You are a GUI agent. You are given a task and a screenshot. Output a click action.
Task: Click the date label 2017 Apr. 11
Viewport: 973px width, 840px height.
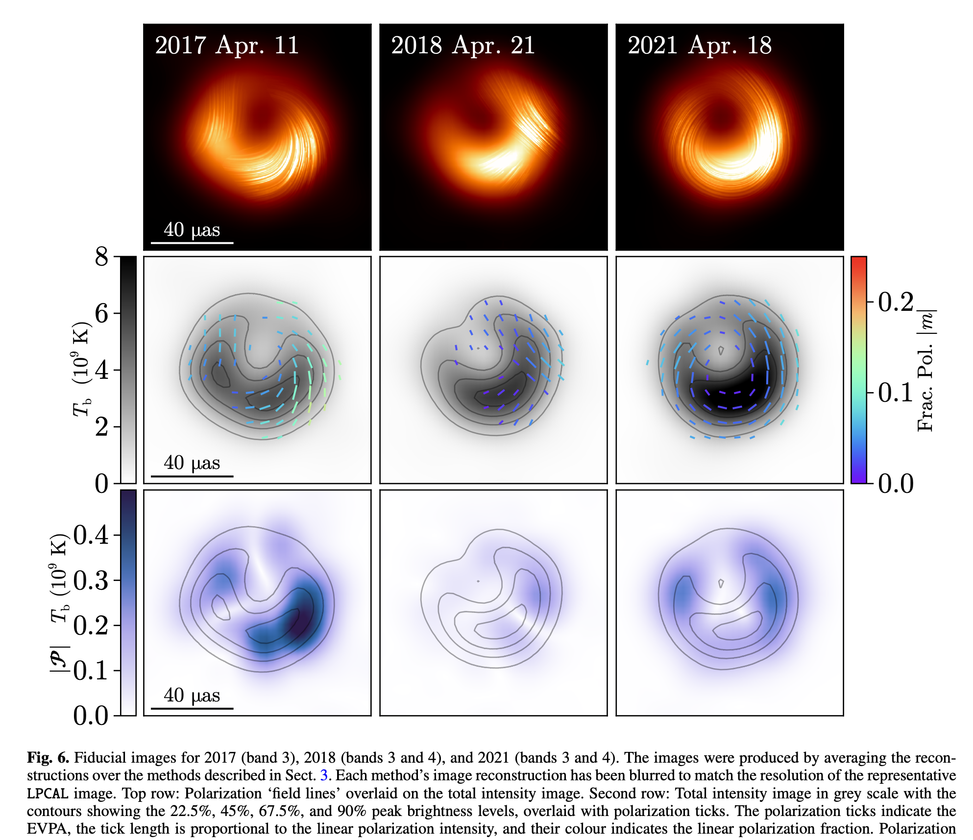(x=227, y=46)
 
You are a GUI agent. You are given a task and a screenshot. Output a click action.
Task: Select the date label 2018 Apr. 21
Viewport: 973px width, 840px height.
(x=462, y=46)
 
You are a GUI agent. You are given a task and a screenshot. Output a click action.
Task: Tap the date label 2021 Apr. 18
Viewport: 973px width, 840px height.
(x=699, y=46)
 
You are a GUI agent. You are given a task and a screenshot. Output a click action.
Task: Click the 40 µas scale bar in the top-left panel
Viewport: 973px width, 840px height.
(x=192, y=242)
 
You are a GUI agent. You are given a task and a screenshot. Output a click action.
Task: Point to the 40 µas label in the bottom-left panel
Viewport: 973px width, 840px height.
(x=192, y=695)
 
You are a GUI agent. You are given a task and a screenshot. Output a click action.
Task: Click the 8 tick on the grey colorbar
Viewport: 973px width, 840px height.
(x=101, y=257)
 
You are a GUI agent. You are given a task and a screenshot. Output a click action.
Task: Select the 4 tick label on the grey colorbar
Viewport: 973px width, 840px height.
(x=101, y=370)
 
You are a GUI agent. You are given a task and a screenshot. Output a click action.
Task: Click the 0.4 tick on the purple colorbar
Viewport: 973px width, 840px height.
(x=91, y=535)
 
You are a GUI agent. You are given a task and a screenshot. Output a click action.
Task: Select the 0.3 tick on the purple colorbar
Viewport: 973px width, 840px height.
(x=91, y=581)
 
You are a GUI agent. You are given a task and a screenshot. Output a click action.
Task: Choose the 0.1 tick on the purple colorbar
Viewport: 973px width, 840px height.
(x=91, y=671)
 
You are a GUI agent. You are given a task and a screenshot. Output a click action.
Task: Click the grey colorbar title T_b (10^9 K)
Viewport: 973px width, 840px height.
(x=81, y=370)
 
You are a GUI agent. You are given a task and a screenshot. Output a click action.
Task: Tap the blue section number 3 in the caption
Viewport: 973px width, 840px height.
(x=323, y=775)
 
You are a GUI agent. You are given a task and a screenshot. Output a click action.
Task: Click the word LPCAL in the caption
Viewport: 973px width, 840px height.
(x=47, y=793)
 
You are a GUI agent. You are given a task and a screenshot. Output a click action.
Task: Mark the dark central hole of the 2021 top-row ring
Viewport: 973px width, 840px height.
(x=721, y=117)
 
